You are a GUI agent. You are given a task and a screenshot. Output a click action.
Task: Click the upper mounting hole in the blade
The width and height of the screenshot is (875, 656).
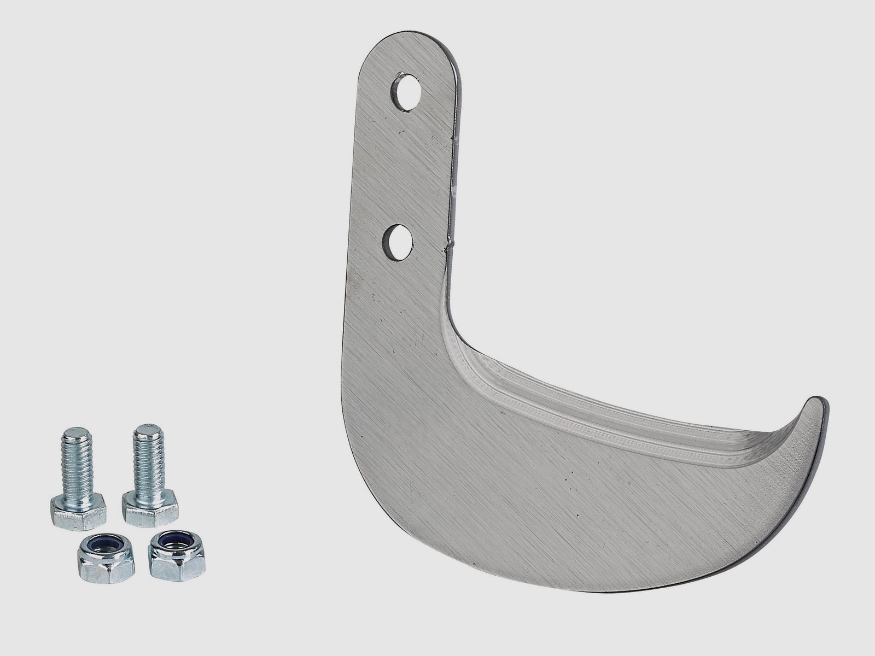(406, 91)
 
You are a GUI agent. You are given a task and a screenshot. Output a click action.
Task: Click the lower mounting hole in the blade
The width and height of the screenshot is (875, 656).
(398, 242)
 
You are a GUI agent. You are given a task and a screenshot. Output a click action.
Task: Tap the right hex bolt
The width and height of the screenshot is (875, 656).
(149, 476)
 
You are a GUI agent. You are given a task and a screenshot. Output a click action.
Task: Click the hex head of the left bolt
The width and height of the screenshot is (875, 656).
(78, 511)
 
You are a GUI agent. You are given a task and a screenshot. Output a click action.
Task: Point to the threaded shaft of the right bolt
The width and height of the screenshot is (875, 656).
(149, 454)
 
